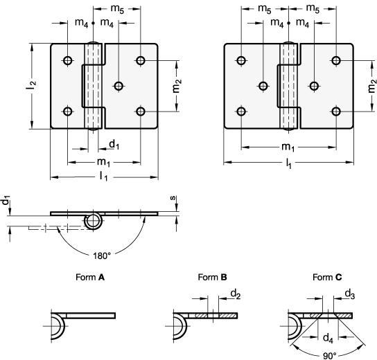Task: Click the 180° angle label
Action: pos(102,256)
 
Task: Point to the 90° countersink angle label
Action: pos(329,356)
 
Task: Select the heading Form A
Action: pos(90,278)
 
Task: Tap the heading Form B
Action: pos(212,278)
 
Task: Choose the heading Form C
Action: pos(327,278)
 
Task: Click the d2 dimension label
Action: pos(236,294)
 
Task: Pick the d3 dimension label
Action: pos(350,294)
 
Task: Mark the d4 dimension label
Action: pos(328,339)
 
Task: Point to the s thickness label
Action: pos(173,198)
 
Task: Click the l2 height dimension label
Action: pos(31,86)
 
